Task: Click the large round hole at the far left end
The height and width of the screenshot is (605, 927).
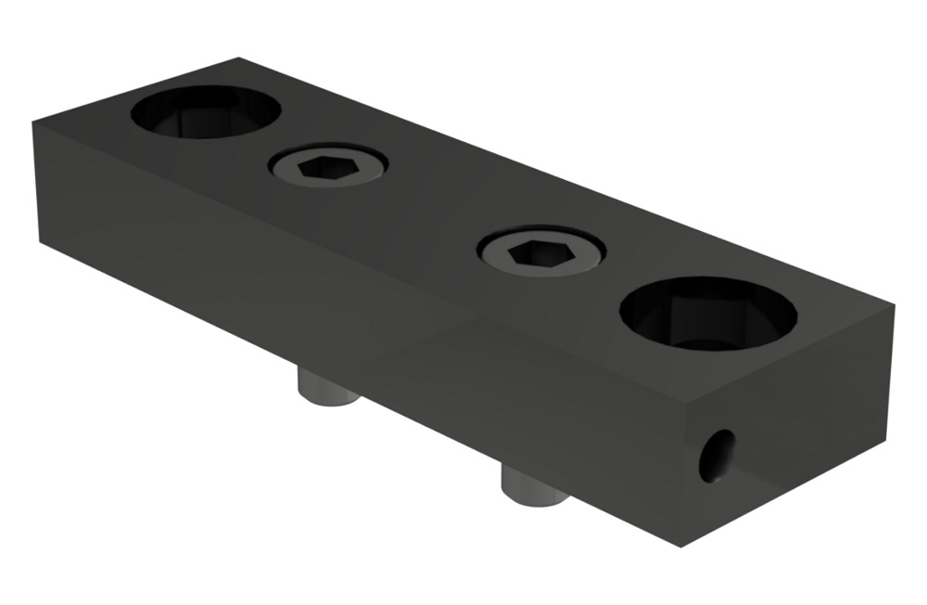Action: click(x=205, y=112)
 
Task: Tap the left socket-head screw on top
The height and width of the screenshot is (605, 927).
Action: click(x=328, y=168)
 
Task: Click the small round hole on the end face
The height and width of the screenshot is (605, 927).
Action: click(x=717, y=455)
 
